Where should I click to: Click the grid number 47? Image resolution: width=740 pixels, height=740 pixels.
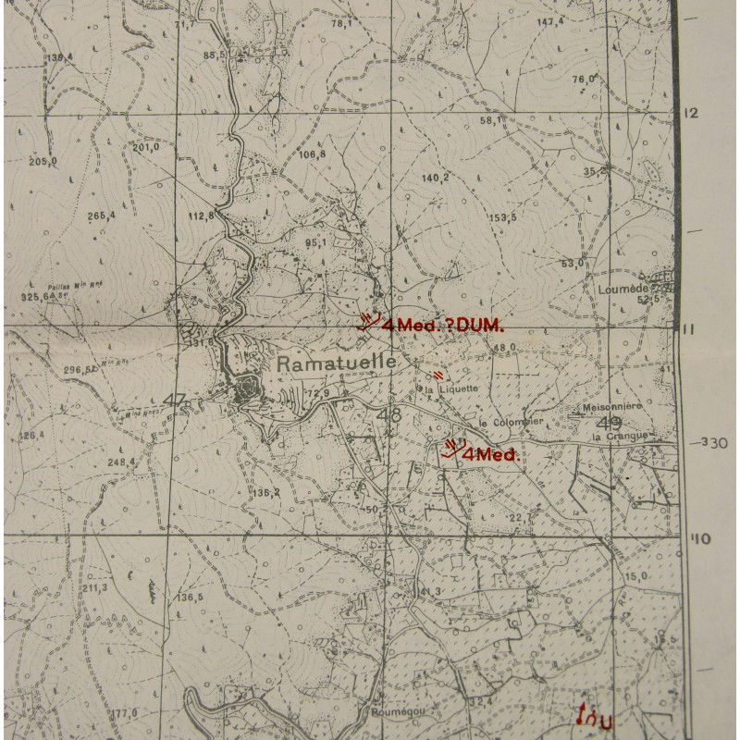coord(174,400)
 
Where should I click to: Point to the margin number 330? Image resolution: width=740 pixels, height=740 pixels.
coord(713,443)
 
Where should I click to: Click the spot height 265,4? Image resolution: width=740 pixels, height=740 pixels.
coord(101,216)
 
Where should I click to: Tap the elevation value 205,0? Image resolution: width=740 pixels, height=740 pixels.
coord(43,162)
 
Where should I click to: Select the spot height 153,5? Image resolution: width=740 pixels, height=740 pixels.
coord(502,217)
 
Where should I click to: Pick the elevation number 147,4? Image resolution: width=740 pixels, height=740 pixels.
coord(549,20)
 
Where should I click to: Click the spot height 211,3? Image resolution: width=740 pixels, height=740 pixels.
coord(94,587)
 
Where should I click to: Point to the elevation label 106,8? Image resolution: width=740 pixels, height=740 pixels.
coord(312,154)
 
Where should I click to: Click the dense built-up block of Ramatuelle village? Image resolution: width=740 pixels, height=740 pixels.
coord(248,390)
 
